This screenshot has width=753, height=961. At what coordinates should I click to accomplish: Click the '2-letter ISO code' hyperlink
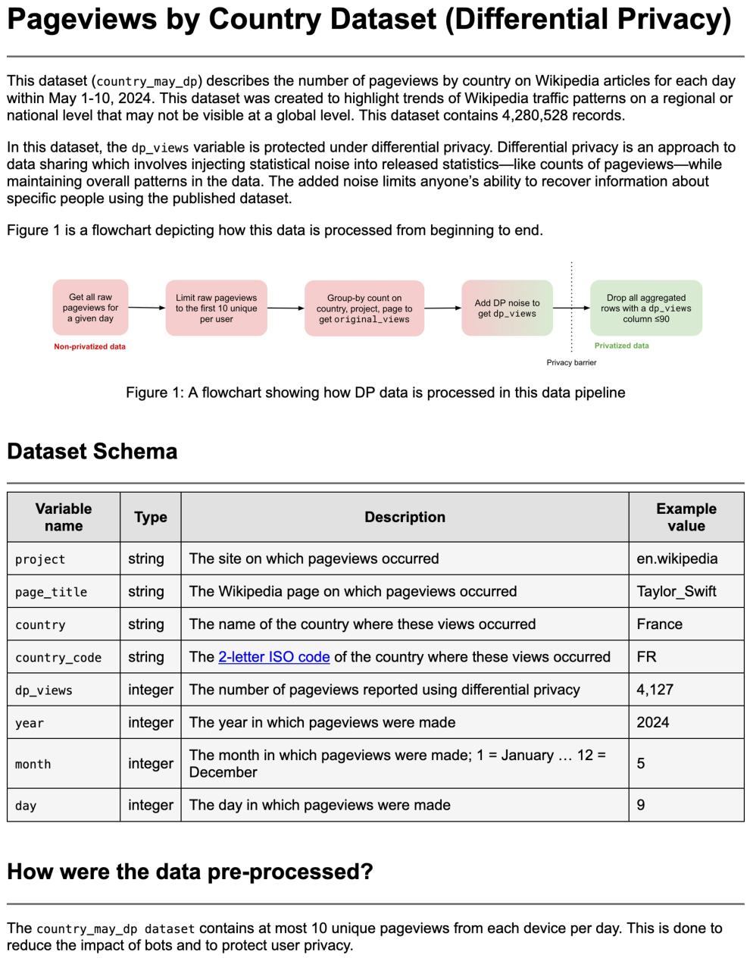click(273, 657)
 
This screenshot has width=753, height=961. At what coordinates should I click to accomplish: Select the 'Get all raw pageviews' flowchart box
click(90, 308)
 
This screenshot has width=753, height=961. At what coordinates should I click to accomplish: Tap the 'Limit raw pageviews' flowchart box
click(216, 308)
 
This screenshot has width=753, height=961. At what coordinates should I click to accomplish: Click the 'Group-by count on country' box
click(364, 308)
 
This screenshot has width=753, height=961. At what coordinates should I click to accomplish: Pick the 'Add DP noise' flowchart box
click(507, 308)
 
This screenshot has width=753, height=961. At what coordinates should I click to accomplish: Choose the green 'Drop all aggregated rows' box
click(645, 308)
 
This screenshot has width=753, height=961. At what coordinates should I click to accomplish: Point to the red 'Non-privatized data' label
click(89, 346)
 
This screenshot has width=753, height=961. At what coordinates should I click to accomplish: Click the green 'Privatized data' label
click(621, 346)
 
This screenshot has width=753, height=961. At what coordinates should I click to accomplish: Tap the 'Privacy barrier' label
click(571, 362)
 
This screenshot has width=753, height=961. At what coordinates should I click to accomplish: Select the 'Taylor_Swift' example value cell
click(676, 591)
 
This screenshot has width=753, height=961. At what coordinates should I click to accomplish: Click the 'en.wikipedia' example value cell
click(676, 559)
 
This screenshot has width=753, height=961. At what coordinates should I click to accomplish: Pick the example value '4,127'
click(655, 690)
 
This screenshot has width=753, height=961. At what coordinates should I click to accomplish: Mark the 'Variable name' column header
click(64, 517)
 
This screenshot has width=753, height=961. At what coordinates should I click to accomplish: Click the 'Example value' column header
click(686, 517)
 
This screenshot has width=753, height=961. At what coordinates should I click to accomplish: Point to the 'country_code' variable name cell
click(58, 658)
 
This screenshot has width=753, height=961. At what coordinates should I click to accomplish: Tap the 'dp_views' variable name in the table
click(44, 690)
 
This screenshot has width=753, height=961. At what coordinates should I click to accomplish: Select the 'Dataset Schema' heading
click(92, 452)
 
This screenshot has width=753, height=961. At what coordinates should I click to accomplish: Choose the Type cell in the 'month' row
click(150, 763)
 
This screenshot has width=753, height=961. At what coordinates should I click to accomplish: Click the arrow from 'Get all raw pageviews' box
click(146, 308)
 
